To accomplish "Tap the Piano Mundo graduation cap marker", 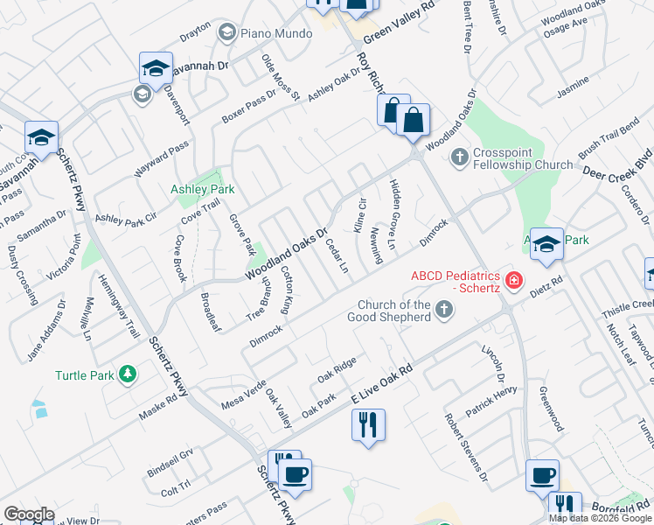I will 227,33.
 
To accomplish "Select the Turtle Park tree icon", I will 129,375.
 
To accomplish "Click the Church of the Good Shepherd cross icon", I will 445,310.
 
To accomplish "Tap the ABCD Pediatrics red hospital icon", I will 515,281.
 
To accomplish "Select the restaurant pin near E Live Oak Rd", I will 367,425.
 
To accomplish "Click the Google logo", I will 29,514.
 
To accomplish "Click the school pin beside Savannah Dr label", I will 155,67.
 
